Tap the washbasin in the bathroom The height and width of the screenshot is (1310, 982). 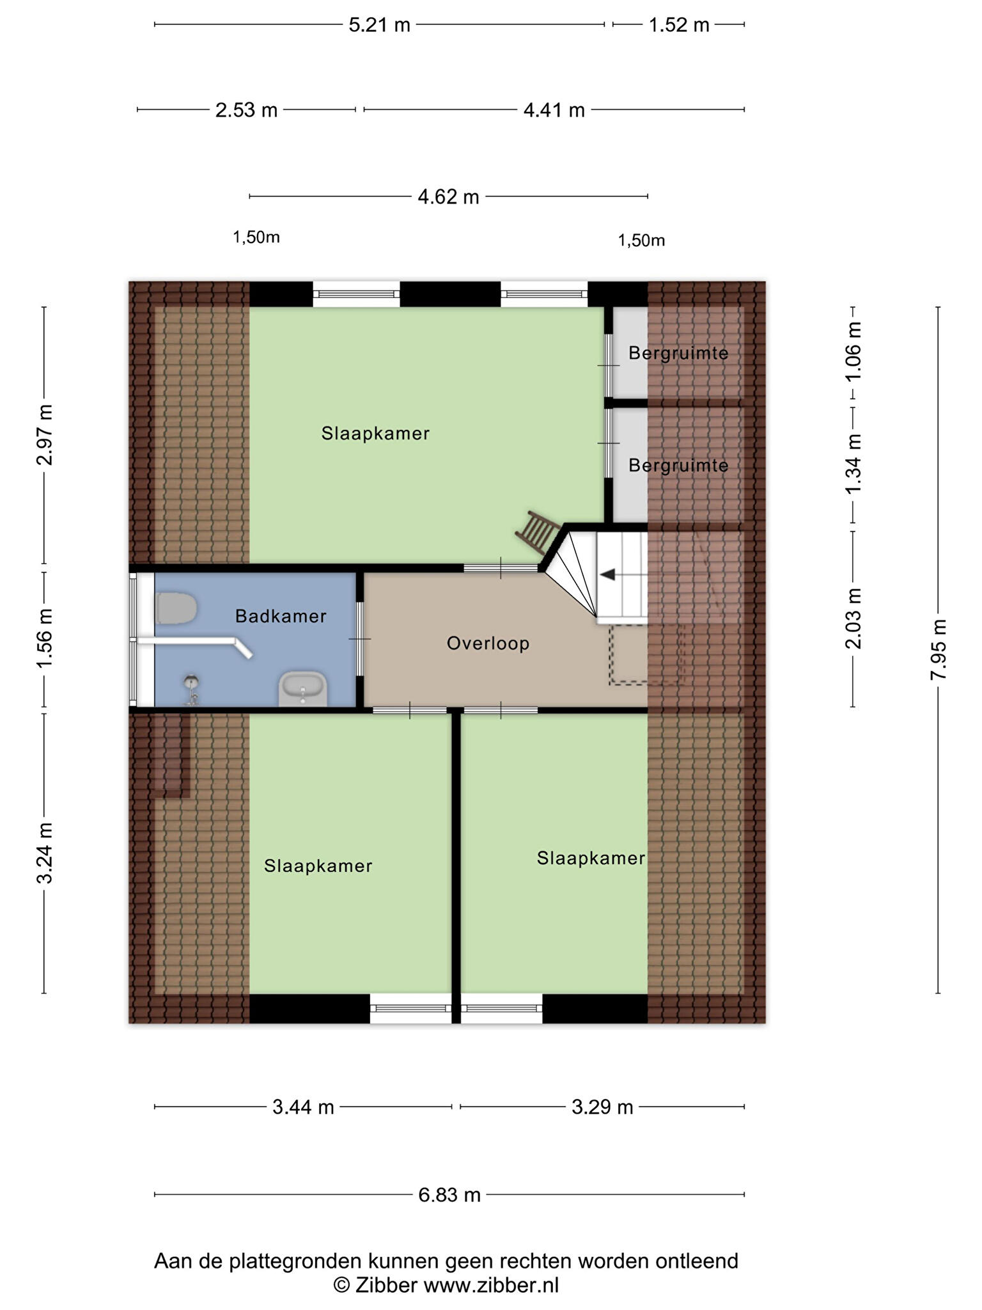pyautogui.click(x=303, y=689)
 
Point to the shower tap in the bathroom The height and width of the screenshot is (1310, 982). pyautogui.click(x=191, y=690)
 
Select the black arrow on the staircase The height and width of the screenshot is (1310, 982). pyautogui.click(x=607, y=574)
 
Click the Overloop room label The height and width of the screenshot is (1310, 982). pyautogui.click(x=488, y=643)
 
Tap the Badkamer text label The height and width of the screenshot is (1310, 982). pyautogui.click(x=281, y=616)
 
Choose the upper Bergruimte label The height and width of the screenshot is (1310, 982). pyautogui.click(x=678, y=353)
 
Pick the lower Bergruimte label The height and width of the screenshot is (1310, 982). pyautogui.click(x=678, y=465)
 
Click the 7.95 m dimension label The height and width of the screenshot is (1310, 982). pyautogui.click(x=938, y=649)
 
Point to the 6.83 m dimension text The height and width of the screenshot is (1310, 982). pyautogui.click(x=449, y=1194)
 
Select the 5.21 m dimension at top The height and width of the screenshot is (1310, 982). pyautogui.click(x=379, y=25)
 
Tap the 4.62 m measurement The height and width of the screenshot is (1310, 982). pyautogui.click(x=448, y=196)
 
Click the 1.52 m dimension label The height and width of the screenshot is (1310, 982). pyautogui.click(x=679, y=25)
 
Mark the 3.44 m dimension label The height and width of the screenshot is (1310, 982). pyautogui.click(x=303, y=1107)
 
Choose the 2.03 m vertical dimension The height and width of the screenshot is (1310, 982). pyautogui.click(x=853, y=619)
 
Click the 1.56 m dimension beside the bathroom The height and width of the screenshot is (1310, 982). pyautogui.click(x=44, y=638)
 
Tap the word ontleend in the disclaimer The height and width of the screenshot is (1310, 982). pyautogui.click(x=698, y=1261)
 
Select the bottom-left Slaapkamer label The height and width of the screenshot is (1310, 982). pyautogui.click(x=318, y=865)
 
